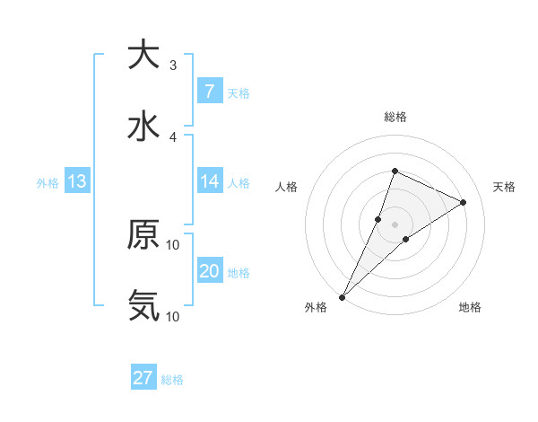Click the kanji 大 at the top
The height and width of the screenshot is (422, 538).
point(143,55)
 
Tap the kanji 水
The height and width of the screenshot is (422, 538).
point(143,127)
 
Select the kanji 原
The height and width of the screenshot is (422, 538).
point(143,234)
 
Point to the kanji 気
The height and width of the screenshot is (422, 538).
point(143,306)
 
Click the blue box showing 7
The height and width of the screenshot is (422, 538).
point(209,91)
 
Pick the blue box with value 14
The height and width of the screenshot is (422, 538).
point(209,181)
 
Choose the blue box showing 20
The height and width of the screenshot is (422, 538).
point(209,271)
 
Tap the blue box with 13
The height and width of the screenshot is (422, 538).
point(77,181)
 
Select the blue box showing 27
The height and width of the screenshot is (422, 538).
point(143,378)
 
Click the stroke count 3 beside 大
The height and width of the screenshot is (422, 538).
point(173,66)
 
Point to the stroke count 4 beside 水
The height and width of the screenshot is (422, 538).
point(173,137)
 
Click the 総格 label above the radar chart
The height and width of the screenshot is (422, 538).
point(395,118)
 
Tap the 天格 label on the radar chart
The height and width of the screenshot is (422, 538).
point(504,187)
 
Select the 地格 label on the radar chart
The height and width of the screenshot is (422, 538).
point(470,308)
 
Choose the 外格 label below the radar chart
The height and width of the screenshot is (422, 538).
point(316,308)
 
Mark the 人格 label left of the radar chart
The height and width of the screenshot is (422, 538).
point(287,187)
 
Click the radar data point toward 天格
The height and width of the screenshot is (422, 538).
point(464,202)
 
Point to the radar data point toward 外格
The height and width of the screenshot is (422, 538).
point(343,296)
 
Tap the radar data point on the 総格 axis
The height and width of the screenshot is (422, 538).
point(395,171)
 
